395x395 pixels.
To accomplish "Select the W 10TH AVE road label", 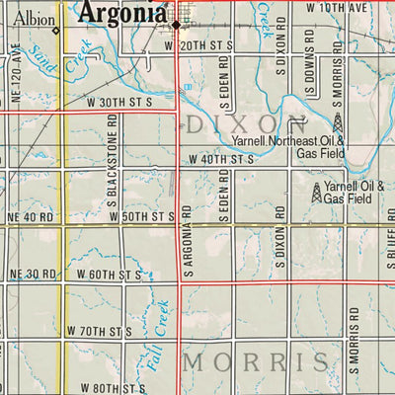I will pos(337,8).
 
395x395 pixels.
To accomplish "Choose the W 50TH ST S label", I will pos(143,215).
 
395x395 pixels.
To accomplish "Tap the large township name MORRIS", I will pos(254,361).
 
